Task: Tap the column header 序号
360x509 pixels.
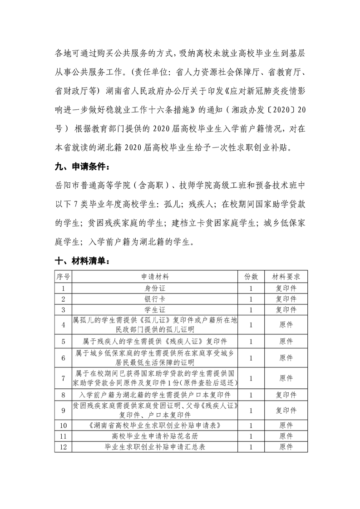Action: point(63,276)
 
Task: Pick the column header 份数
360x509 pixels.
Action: point(251,276)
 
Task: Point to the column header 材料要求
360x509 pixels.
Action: point(286,276)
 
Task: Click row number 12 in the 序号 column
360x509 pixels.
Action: point(63,447)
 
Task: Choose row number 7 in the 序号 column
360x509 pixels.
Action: point(63,378)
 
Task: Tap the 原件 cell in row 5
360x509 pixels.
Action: point(286,341)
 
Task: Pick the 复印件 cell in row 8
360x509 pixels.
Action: point(286,395)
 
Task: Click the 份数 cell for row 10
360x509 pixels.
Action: point(251,425)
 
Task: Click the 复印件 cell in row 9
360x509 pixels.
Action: point(286,410)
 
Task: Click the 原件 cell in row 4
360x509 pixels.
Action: point(286,325)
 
